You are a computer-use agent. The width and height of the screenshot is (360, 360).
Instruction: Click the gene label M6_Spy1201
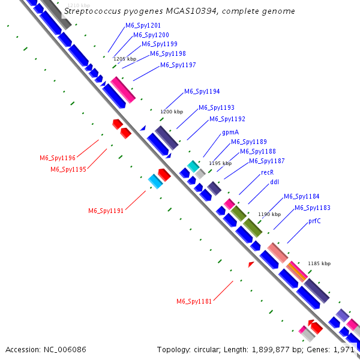143,25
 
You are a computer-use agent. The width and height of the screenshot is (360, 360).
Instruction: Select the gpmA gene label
230,132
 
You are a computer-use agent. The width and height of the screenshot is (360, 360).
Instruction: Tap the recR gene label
268,172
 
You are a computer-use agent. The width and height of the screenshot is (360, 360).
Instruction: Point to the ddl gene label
275,182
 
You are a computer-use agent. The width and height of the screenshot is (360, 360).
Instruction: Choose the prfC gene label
314,221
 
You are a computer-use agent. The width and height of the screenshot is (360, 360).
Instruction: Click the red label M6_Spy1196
58,158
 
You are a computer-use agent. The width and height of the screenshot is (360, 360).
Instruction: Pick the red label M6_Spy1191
106,211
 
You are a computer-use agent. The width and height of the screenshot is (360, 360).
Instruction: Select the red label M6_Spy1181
194,301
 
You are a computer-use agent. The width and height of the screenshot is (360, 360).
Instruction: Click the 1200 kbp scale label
172,112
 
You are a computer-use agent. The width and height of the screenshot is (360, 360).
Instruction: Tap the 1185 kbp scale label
319,263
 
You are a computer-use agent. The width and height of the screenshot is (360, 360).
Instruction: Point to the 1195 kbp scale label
220,163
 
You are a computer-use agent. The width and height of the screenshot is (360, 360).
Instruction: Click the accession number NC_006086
65,350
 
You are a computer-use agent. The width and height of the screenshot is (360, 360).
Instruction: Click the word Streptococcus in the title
92,11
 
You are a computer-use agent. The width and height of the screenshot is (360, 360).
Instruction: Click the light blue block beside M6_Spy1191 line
155,181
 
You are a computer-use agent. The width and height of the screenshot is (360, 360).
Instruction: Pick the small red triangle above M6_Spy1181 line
251,264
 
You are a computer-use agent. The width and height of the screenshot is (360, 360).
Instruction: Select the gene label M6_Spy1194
202,91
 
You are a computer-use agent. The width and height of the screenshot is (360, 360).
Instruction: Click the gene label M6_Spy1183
313,208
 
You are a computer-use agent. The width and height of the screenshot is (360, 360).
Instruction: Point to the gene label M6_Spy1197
178,65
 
